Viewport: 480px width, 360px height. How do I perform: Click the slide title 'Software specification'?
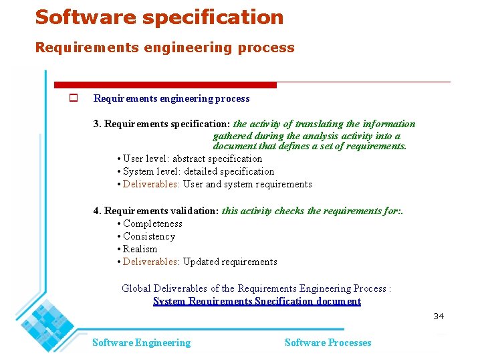[159, 17]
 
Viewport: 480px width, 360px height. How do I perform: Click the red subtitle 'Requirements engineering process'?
[164, 48]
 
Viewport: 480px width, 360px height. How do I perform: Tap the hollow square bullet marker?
[74, 98]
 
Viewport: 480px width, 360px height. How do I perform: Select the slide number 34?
[439, 316]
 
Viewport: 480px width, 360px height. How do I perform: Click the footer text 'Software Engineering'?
[141, 343]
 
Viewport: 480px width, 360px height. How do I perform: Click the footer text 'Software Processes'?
[328, 343]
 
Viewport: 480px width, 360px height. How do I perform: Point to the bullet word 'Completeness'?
[152, 223]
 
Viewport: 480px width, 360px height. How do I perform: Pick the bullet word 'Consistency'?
[149, 236]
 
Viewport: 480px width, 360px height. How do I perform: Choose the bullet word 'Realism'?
[140, 249]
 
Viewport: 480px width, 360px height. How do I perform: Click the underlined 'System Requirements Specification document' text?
[257, 301]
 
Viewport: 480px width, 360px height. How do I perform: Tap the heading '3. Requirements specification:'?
[162, 124]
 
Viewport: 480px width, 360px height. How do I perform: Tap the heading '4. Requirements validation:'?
[156, 211]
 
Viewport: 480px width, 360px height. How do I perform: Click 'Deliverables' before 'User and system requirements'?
[151, 184]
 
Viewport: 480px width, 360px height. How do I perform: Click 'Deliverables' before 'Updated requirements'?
[151, 262]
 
